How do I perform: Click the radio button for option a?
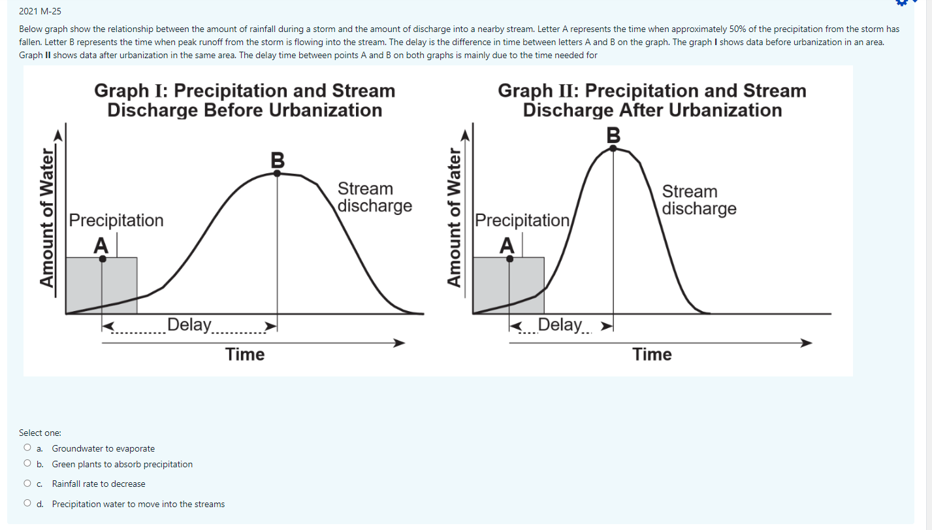pos(27,448)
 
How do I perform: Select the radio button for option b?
pos(27,464)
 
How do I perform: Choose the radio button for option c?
pos(27,484)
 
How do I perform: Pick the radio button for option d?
pos(27,504)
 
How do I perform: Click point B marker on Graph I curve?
pos(278,173)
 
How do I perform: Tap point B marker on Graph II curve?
pos(613,148)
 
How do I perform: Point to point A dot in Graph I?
pos(103,259)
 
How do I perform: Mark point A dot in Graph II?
pos(510,259)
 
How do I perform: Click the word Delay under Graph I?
pos(189,325)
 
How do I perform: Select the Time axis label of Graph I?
pos(245,354)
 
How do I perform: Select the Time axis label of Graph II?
pos(652,354)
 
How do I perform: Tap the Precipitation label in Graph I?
pos(116,220)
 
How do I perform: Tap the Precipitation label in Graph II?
pos(522,220)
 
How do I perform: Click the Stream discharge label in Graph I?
pos(374,197)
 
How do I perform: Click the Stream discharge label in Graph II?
pos(699,200)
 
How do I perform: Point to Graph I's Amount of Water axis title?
pos(47,218)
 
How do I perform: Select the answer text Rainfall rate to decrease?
pos(99,484)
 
